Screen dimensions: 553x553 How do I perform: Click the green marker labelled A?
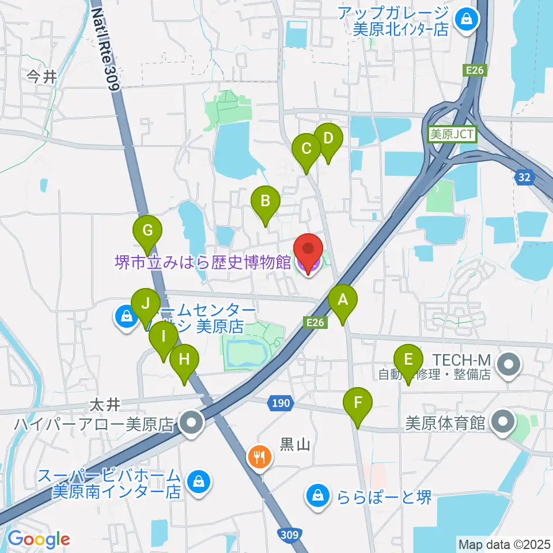pyautogui.click(x=343, y=301)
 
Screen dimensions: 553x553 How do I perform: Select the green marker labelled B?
pyautogui.click(x=266, y=202)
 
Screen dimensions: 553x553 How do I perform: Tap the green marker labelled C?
pyautogui.click(x=306, y=149)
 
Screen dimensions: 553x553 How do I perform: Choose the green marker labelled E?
pyautogui.click(x=408, y=361)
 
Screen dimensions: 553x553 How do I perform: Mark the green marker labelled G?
pyautogui.click(x=147, y=232)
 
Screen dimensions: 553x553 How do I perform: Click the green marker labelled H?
pyautogui.click(x=184, y=361)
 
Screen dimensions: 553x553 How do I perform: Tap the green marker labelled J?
pyautogui.click(x=146, y=304)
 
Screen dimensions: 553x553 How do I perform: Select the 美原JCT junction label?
pyautogui.click(x=452, y=135)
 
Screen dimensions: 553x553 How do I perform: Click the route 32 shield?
pyautogui.click(x=524, y=178)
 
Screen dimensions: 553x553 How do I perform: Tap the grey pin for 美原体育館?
pyautogui.click(x=503, y=423)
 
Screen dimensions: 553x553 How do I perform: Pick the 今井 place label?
pyautogui.click(x=42, y=77)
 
